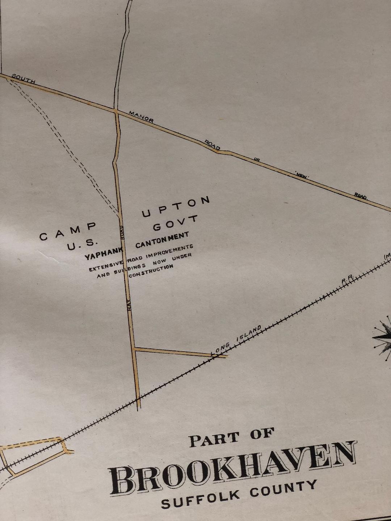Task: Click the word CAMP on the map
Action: (x=68, y=232)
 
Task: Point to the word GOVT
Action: (x=176, y=223)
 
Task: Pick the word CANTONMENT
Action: (x=162, y=240)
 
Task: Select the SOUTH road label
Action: (x=24, y=79)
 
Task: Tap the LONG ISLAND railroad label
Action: (x=236, y=339)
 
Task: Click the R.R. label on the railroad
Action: (x=347, y=279)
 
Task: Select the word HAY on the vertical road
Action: (x=130, y=306)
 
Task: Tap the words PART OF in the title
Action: (x=231, y=437)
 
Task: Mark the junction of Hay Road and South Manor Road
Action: (x=117, y=112)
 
